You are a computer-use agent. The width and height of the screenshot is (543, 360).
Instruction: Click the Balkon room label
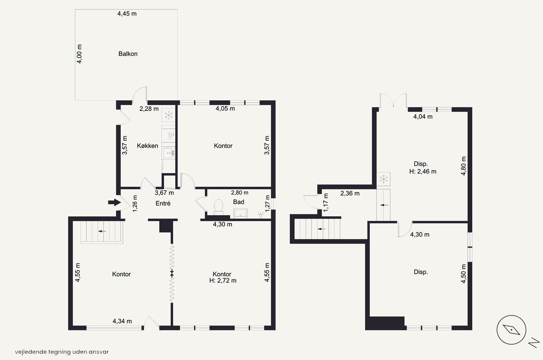128,54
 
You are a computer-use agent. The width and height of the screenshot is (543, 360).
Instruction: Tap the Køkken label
147,146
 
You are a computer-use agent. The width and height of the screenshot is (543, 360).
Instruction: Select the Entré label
163,203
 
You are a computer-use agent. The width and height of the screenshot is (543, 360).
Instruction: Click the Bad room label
239,202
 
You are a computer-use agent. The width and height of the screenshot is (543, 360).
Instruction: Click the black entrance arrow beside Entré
114,202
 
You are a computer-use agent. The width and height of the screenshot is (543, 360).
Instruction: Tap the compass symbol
511,330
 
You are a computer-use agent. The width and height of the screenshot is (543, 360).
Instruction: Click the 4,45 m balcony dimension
127,14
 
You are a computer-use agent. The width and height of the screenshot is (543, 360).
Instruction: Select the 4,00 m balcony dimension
79,54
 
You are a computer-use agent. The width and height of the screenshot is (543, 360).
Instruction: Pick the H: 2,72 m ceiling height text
223,281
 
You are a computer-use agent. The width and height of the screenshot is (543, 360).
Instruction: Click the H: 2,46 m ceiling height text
423,172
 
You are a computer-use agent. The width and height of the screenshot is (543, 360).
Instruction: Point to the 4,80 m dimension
463,166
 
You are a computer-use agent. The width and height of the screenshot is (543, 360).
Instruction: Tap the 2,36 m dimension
350,193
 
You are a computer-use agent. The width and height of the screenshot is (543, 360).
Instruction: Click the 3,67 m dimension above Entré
164,193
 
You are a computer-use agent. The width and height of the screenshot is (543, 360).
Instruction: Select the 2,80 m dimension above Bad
240,193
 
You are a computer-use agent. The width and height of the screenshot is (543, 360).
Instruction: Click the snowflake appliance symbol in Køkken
168,115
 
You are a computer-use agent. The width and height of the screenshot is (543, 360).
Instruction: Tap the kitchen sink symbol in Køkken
168,153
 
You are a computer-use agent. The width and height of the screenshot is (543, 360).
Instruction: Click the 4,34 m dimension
122,321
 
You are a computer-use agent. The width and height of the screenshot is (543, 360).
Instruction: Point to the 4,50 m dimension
463,274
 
